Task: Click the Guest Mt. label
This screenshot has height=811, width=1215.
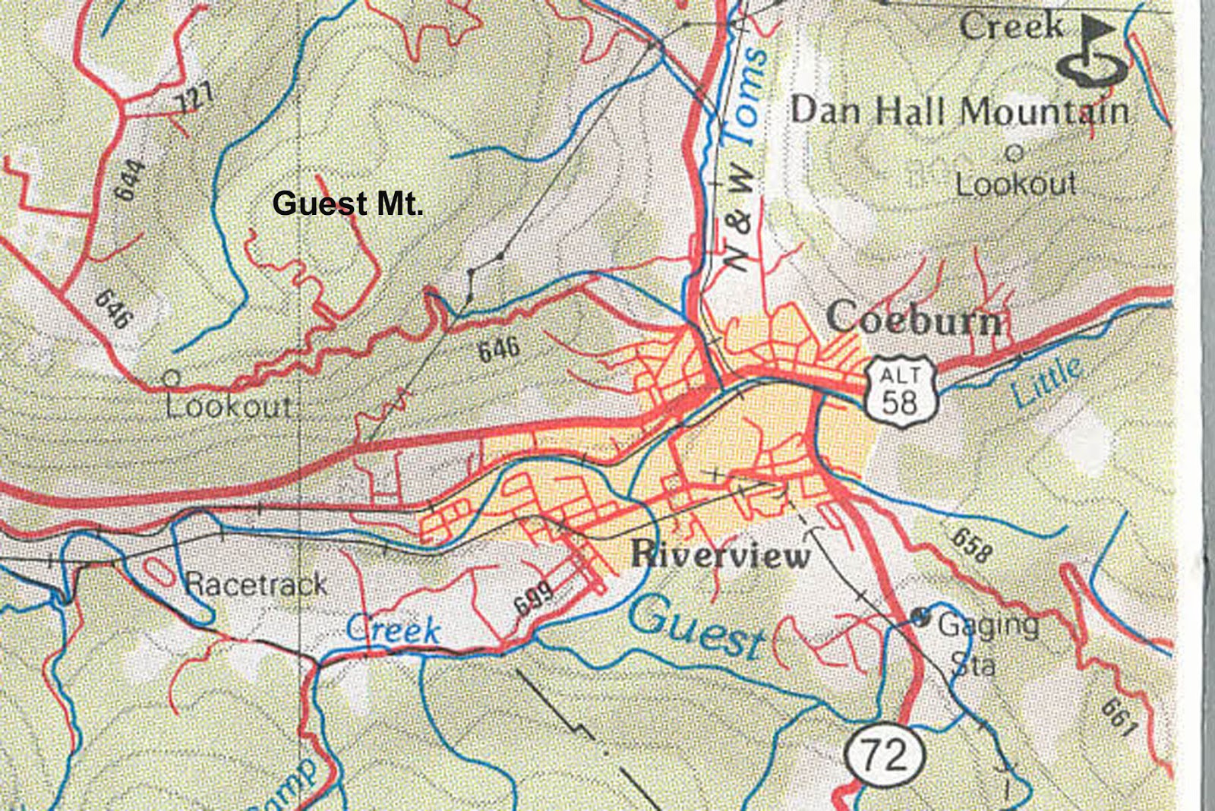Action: (x=347, y=204)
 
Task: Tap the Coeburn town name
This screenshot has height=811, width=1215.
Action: (x=914, y=319)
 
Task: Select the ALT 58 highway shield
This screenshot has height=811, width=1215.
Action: (x=901, y=392)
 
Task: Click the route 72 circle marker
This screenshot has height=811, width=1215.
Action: (x=885, y=754)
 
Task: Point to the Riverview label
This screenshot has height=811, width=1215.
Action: (x=721, y=554)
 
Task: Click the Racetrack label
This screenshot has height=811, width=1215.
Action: (x=256, y=584)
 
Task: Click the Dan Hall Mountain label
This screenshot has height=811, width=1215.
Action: (x=959, y=112)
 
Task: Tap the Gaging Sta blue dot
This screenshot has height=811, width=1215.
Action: (x=920, y=617)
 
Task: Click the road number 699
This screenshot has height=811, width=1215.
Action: (x=534, y=599)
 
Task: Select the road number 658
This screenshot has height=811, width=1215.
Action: (x=971, y=545)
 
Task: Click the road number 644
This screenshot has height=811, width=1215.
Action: (x=130, y=180)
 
